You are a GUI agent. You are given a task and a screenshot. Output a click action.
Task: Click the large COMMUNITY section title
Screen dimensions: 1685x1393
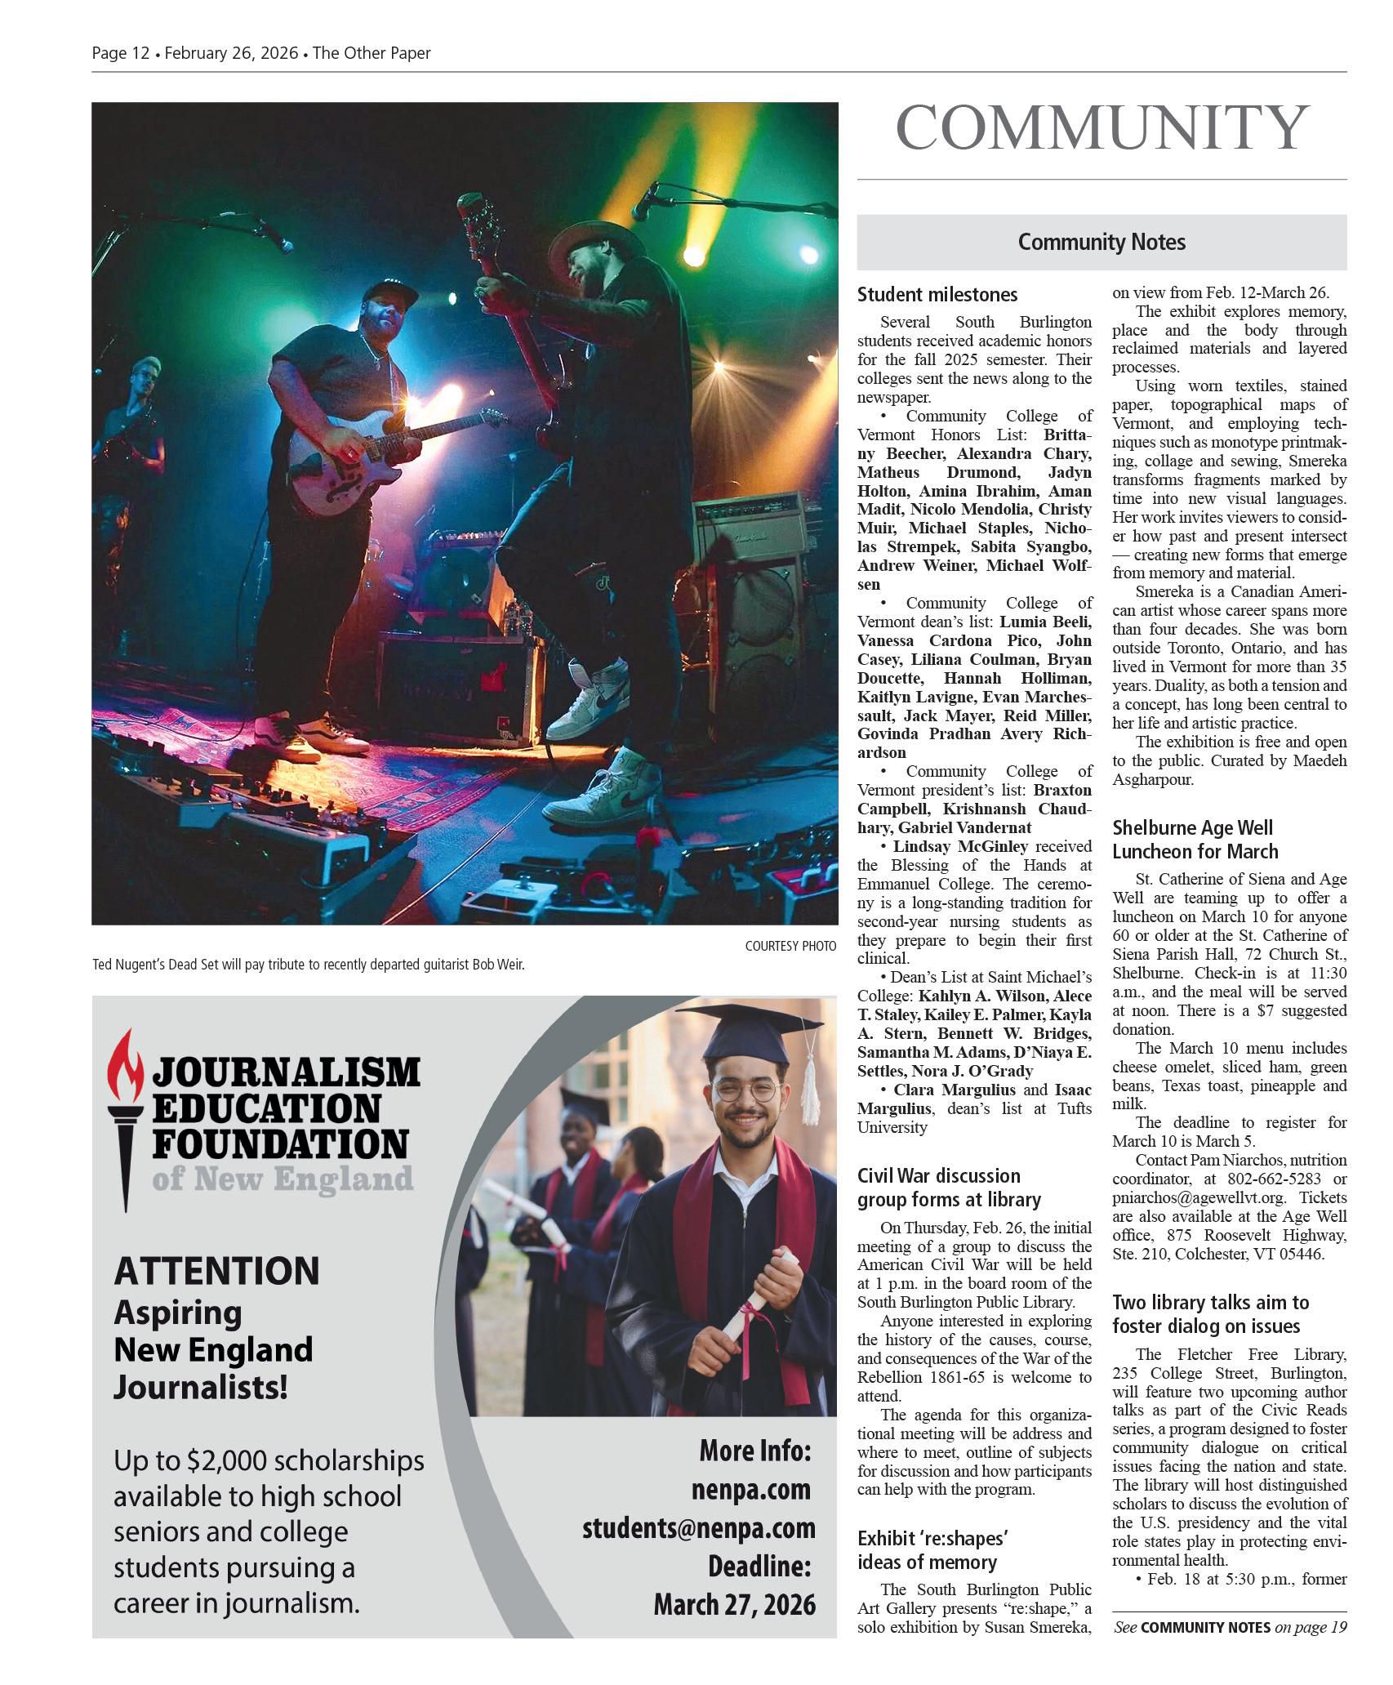(x=1101, y=128)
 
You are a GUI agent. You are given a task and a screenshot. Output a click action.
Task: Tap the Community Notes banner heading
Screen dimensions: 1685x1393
(x=1101, y=242)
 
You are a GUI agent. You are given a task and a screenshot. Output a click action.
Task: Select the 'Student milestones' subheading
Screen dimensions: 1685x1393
(x=937, y=295)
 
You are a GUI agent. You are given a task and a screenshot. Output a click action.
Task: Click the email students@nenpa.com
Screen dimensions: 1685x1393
(x=698, y=1528)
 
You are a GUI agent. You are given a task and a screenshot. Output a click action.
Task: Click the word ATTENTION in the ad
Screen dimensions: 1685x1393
(x=217, y=1272)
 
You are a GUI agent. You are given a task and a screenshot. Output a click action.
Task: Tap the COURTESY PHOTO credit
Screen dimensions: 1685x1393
(x=790, y=946)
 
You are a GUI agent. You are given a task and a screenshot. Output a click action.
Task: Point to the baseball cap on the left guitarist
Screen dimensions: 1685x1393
(x=389, y=295)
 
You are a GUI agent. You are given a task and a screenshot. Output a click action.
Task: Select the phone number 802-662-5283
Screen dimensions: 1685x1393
(x=1280, y=1179)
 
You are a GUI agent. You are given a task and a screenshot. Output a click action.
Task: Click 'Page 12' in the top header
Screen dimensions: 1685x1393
(x=121, y=53)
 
